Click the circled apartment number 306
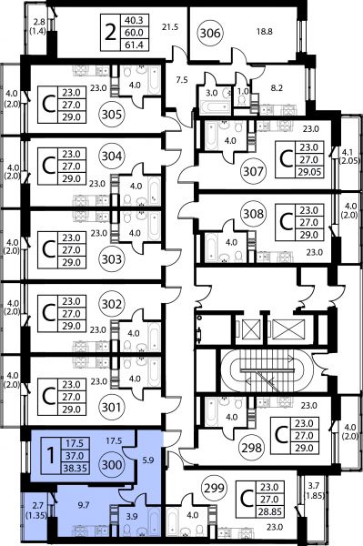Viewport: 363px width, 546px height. [211, 33]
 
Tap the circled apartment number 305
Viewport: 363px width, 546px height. [112, 115]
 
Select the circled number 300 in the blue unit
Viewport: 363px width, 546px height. [112, 464]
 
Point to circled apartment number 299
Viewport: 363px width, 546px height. [214, 488]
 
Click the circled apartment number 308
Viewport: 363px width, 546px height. [253, 213]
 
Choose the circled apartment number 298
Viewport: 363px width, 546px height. [252, 448]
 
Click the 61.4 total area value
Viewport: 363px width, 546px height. [134, 45]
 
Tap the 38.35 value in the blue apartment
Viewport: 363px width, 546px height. [75, 469]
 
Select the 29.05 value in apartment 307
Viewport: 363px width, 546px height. [308, 172]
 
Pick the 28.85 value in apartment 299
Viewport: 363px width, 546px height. [269, 511]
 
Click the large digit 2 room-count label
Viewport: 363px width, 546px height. [110, 33]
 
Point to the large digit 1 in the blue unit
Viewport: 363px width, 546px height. [51, 456]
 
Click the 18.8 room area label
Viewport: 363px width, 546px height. [265, 32]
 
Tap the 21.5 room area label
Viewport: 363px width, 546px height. [170, 26]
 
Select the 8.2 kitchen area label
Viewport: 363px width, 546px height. [277, 88]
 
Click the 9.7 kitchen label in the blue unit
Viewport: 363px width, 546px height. [84, 505]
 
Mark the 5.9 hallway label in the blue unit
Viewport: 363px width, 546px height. [148, 460]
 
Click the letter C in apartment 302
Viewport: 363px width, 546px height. [48, 313]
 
